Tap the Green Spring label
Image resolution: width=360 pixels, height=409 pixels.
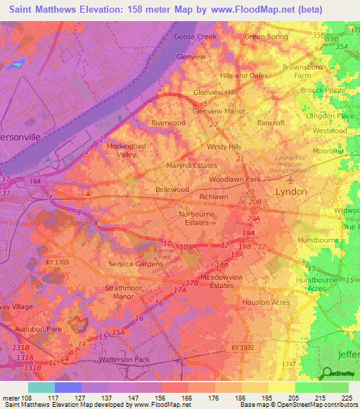point(266,37)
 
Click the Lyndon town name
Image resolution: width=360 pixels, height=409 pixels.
point(290,192)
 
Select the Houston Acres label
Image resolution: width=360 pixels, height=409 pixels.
point(266,302)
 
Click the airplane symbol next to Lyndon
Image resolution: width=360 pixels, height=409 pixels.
point(302,191)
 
